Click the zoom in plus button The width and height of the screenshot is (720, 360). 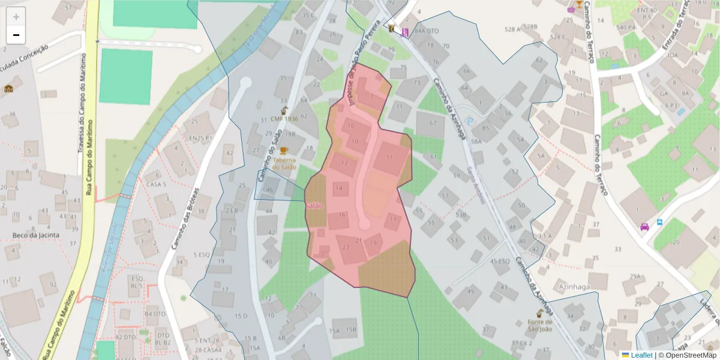16,17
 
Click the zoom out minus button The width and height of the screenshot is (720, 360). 16,35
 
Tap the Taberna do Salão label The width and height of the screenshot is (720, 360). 284,164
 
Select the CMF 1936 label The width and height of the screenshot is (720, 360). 284,119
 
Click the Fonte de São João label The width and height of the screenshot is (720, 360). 539,325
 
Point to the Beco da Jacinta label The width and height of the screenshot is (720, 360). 37,235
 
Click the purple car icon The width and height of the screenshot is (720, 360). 644,227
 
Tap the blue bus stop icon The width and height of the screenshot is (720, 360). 659,222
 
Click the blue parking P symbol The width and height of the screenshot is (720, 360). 470,121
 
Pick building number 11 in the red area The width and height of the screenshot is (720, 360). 390,157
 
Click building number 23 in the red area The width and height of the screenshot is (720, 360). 346,246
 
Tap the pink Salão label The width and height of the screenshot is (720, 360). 314,206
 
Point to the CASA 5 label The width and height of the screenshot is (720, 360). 156,184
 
